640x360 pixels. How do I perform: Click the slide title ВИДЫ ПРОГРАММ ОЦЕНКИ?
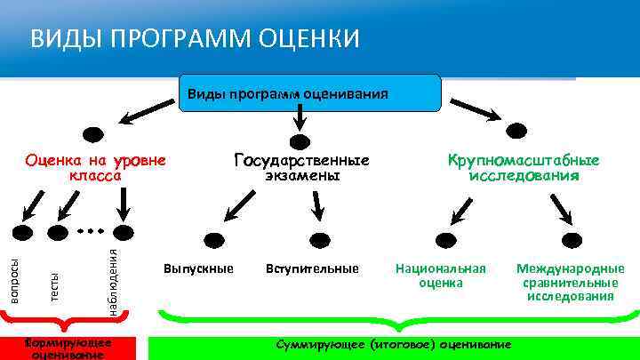tap(195, 39)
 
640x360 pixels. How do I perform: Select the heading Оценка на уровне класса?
tap(95, 168)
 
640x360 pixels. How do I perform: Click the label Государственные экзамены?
tap(301, 168)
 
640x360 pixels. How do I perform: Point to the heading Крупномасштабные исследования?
tap(524, 168)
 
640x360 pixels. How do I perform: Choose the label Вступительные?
tap(311, 268)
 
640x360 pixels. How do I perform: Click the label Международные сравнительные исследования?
tap(570, 282)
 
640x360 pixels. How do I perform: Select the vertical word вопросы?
tap(14, 278)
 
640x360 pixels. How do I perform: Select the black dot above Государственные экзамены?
tap(300, 141)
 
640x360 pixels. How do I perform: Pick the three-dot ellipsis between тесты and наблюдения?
tap(90, 231)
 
